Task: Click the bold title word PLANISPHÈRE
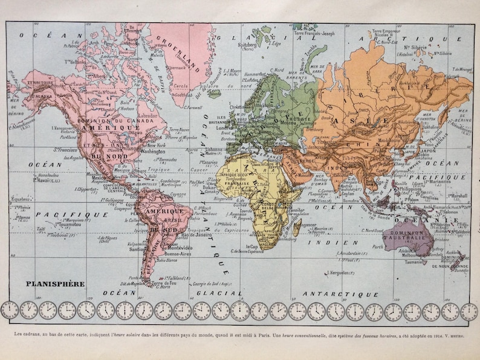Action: pos(54,282)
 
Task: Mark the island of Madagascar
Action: pos(297,228)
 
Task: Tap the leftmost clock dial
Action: pos(9,310)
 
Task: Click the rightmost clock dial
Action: pos(469,311)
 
